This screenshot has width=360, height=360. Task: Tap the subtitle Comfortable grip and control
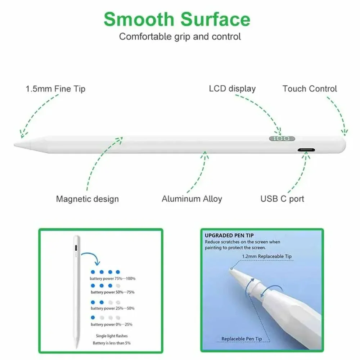(180, 36)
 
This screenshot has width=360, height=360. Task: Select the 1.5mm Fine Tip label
(55, 89)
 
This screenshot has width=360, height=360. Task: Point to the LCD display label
(232, 89)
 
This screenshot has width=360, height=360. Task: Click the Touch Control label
(310, 89)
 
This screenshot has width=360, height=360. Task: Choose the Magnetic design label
(87, 199)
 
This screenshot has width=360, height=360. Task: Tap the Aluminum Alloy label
(192, 199)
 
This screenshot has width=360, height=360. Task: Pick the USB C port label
(282, 199)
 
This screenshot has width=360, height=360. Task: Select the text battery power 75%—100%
(113, 279)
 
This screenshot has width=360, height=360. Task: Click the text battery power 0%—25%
(111, 324)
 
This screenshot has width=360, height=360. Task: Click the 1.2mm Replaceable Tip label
(267, 256)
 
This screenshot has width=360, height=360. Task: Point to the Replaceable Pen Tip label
(242, 339)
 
